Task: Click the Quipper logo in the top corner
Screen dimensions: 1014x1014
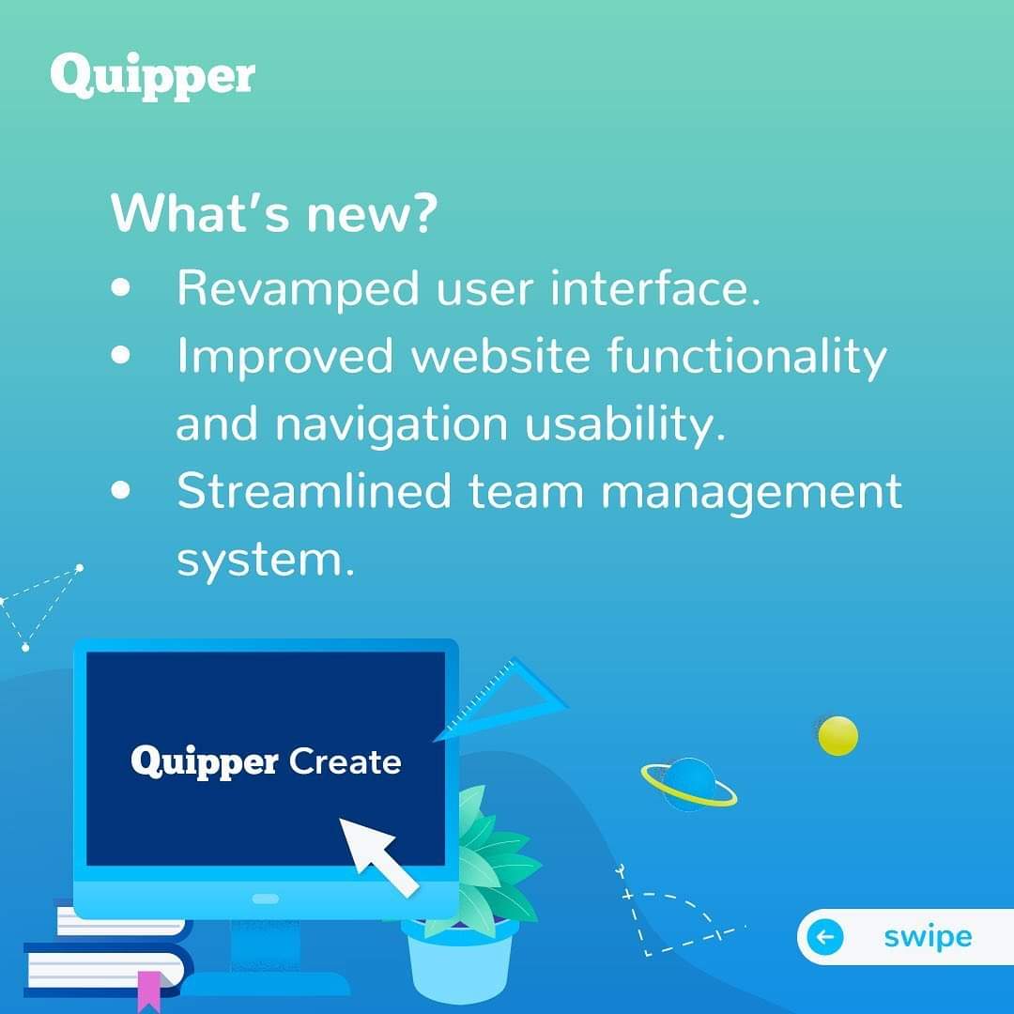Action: [x=153, y=76]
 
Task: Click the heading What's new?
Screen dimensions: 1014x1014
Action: [x=274, y=213]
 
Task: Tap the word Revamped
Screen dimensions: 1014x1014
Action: [x=299, y=289]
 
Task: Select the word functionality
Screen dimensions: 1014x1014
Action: [x=747, y=357]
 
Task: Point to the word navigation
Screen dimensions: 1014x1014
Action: [x=392, y=425]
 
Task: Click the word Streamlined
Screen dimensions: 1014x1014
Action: [x=314, y=491]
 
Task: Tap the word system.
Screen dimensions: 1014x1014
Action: [x=266, y=561]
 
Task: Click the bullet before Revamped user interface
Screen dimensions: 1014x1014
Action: [x=121, y=288]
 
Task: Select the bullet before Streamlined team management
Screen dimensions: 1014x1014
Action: [x=121, y=490]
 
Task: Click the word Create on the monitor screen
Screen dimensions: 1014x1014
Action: [x=345, y=761]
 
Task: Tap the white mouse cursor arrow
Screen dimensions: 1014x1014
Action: [x=377, y=855]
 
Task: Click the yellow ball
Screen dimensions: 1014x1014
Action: [x=837, y=736]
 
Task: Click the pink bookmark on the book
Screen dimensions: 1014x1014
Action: [x=148, y=991]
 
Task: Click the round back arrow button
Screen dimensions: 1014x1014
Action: [x=825, y=936]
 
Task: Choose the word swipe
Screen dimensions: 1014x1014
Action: [x=928, y=938]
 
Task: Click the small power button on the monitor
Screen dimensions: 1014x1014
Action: [x=265, y=899]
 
